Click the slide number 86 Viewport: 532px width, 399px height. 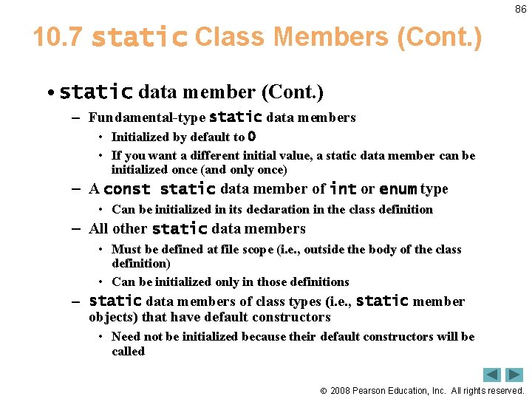click(x=521, y=9)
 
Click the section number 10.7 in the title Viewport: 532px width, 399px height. click(x=58, y=37)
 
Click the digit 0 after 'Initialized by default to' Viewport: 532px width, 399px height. click(x=252, y=137)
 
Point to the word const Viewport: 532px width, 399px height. click(x=127, y=189)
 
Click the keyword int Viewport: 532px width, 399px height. click(x=343, y=189)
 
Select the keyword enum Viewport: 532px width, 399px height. click(x=398, y=189)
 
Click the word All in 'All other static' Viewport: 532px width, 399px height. click(x=99, y=229)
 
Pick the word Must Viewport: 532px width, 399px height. click(x=126, y=250)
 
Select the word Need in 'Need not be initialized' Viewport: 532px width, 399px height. click(x=125, y=337)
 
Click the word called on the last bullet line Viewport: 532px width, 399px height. click(x=128, y=351)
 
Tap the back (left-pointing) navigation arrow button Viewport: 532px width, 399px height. click(x=492, y=375)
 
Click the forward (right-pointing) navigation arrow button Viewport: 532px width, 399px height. click(x=514, y=375)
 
